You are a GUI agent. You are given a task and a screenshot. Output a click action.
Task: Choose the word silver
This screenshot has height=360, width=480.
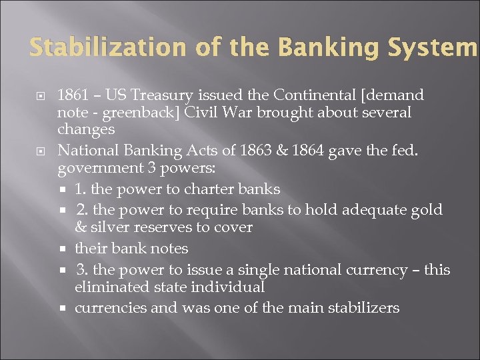click(x=109, y=227)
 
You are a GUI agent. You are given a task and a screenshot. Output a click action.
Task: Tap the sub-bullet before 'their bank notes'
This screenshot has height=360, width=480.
click(x=67, y=249)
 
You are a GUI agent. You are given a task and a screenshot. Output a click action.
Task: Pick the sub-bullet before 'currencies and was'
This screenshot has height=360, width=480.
click(x=67, y=308)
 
